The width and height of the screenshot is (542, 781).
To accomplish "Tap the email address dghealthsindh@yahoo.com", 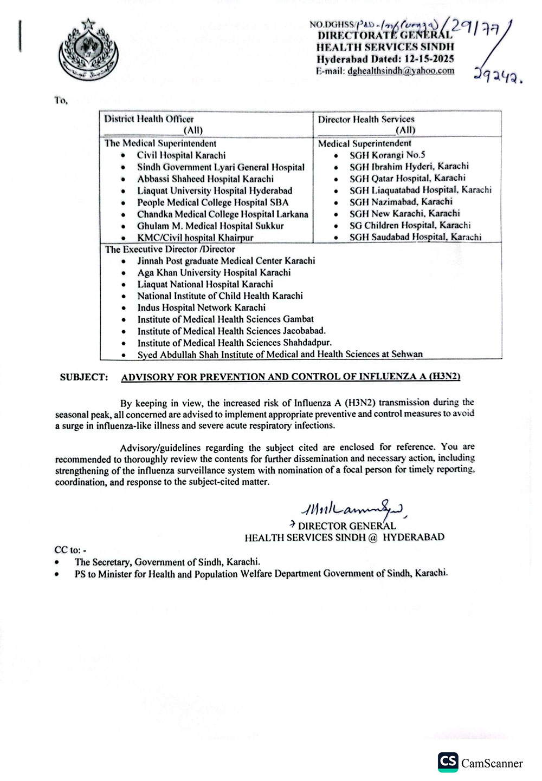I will coord(401,71).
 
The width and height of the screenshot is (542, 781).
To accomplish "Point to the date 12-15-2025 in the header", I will coord(427,60).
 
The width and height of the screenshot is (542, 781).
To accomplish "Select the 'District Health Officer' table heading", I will coord(149,119).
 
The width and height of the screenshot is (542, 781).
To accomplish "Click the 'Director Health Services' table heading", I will coord(366,119).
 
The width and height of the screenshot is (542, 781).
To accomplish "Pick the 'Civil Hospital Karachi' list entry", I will coord(181,155).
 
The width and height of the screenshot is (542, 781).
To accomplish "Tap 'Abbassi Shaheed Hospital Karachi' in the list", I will coord(205,179).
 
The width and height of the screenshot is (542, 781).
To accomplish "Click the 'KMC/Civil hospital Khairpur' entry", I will coord(195,238).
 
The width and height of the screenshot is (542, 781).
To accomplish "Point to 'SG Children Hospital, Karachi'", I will coord(410,225).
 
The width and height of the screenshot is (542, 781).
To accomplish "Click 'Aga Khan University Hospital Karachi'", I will coord(214,273).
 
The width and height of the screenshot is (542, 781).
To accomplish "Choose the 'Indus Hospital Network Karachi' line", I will coord(201,307).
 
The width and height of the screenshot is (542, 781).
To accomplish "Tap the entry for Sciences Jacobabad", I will coord(231,331).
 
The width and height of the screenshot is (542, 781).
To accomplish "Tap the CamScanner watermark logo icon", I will coord(448,762).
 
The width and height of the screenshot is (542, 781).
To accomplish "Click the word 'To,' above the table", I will coord(61,101).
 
